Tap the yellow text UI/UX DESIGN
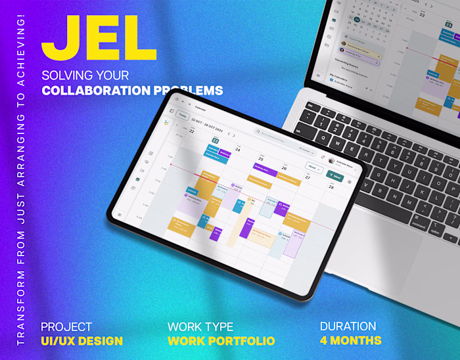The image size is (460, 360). pyautogui.click(x=81, y=341)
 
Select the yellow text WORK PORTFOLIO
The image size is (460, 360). pyautogui.click(x=221, y=341)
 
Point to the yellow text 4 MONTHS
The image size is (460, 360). pyautogui.click(x=350, y=340)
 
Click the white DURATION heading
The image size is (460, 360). pyautogui.click(x=348, y=326)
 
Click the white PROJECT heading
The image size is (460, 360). pyautogui.click(x=66, y=326)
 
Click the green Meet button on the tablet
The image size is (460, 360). pyautogui.click(x=334, y=176)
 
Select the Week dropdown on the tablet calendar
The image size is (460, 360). pyautogui.click(x=313, y=167)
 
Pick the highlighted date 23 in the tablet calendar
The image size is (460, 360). pyautogui.click(x=214, y=140)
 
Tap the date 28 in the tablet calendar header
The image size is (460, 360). pyautogui.click(x=331, y=187)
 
